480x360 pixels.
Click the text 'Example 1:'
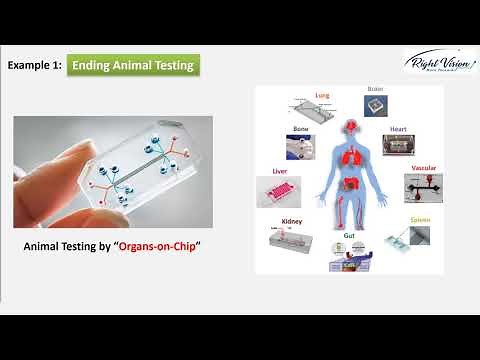(36, 66)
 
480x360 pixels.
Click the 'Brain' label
(375, 90)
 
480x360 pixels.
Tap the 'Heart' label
(397, 129)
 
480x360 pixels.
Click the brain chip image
(375, 109)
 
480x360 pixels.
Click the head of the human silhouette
(350, 127)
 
